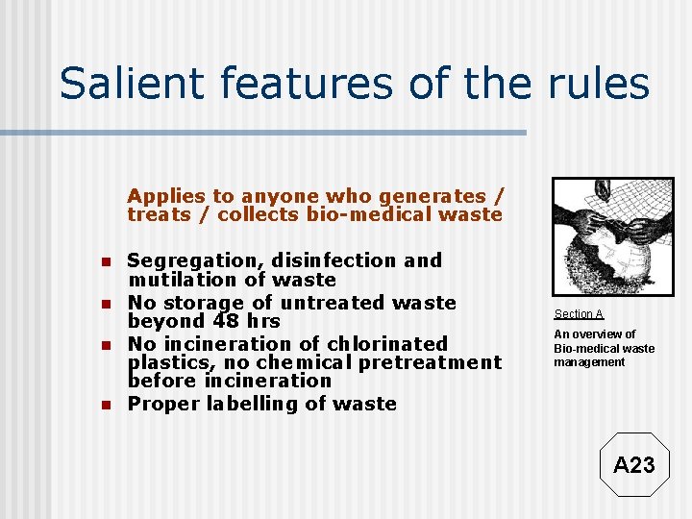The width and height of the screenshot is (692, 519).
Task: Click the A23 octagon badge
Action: pos(633,465)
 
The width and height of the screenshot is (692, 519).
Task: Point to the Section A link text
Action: pos(579,314)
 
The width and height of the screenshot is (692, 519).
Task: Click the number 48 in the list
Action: pos(228,321)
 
